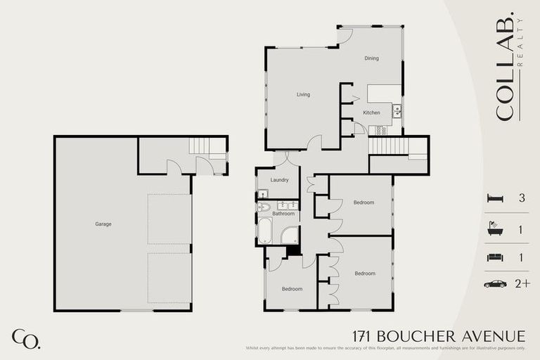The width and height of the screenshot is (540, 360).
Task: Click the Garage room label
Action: point(103,224)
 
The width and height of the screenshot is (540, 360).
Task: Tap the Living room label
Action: point(303,94)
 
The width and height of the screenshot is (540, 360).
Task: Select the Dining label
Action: point(371,58)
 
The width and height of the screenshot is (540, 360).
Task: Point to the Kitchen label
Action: point(371,112)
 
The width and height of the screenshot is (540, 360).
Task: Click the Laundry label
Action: point(279,180)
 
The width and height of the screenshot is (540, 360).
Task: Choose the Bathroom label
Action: point(283,213)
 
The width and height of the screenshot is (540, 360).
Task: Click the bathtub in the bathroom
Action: point(265,231)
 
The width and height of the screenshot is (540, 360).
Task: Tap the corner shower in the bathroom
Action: point(290,235)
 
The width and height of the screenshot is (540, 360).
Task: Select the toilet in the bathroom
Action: point(264,207)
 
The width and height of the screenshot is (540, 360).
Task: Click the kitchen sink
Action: point(397,110)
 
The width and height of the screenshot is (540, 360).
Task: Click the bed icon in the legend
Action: point(495,198)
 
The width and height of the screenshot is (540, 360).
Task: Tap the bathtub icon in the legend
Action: point(495,228)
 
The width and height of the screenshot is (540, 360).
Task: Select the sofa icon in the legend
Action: point(495,257)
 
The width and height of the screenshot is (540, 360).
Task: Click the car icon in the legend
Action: point(495,284)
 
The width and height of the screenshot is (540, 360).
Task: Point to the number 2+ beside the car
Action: point(522,284)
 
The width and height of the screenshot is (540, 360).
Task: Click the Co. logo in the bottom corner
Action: point(26,338)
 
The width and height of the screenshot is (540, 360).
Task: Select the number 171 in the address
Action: point(363,337)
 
